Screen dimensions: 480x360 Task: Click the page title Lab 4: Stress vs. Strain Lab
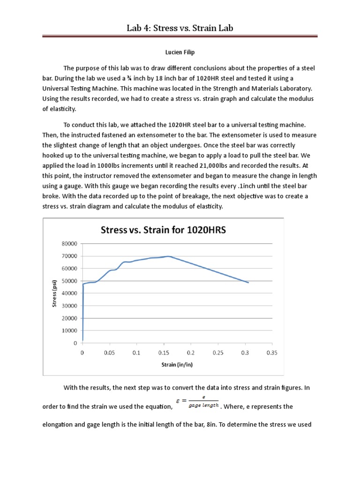180,29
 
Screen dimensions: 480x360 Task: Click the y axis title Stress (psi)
54,293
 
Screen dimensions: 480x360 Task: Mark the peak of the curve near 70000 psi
168,256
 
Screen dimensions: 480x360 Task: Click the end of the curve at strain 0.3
248,283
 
